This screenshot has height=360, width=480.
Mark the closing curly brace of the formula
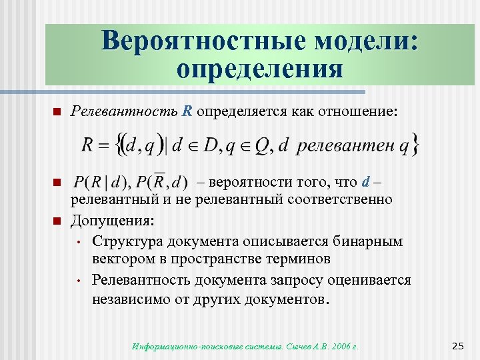tap(416, 145)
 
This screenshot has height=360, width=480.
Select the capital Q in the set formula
tap(259, 145)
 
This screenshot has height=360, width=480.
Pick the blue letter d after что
tap(365, 182)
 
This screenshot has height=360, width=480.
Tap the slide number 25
tap(457, 345)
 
